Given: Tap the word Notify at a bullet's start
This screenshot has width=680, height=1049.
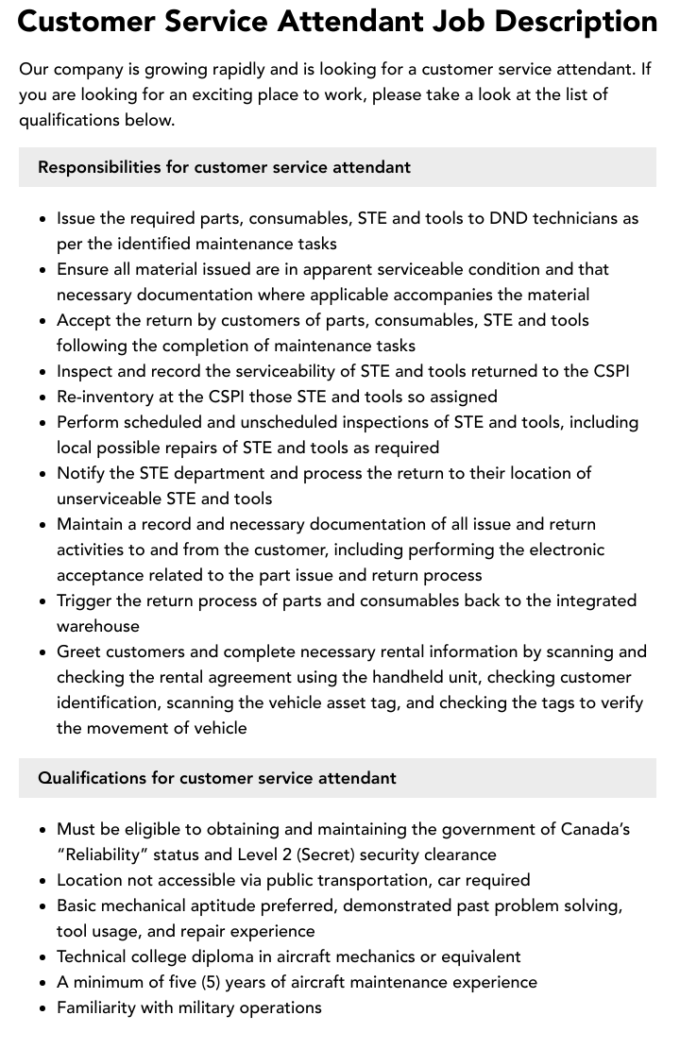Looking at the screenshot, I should point(80,473).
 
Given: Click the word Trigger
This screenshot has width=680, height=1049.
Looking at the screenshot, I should point(85,601).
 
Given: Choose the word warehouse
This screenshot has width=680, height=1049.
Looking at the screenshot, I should point(97,626).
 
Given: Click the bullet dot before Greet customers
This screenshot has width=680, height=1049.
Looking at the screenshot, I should point(43,652).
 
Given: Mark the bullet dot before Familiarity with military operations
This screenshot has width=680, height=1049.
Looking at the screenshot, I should point(43,1008).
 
